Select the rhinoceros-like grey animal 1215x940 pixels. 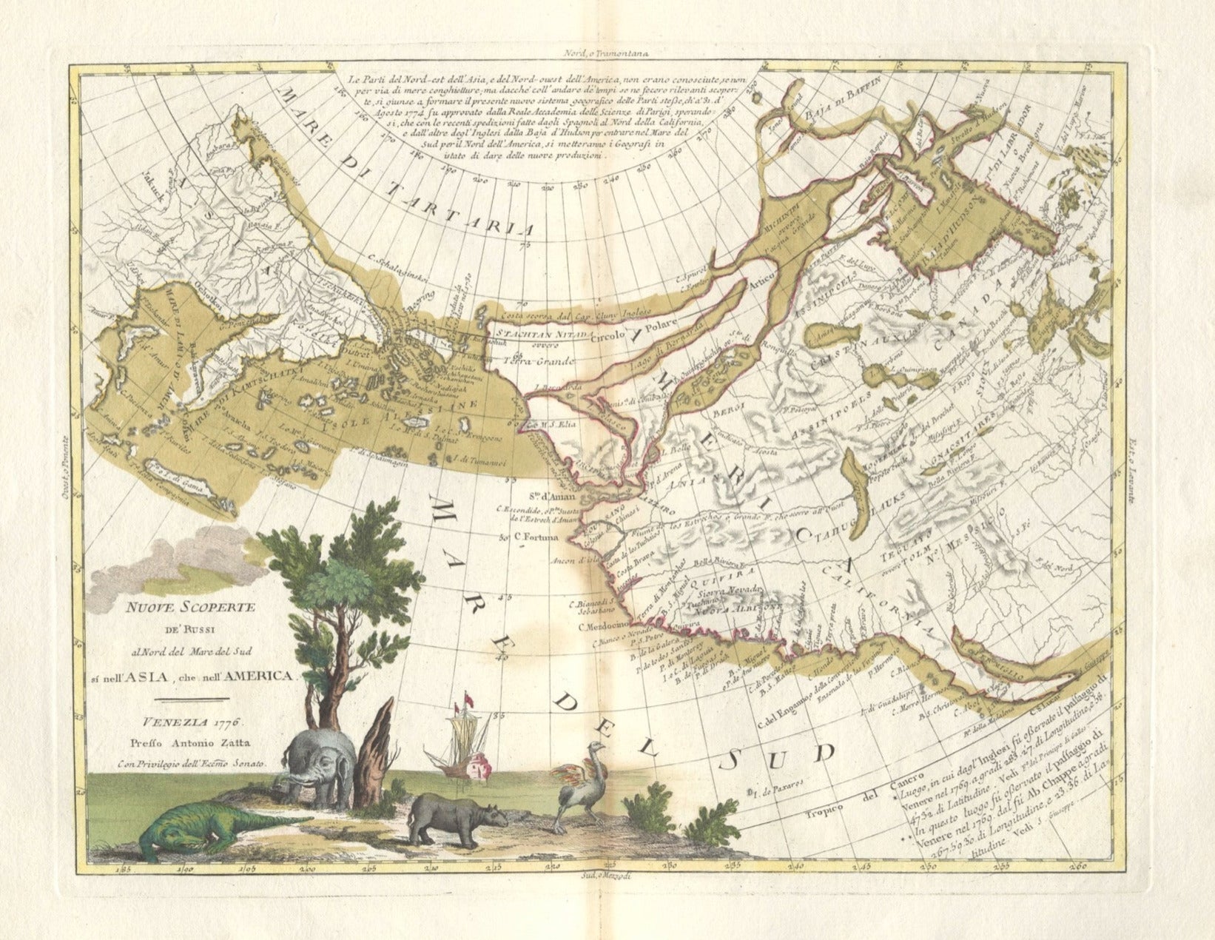[x=455, y=818]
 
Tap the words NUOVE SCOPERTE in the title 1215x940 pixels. [x=189, y=608]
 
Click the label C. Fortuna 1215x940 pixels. [x=532, y=539]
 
